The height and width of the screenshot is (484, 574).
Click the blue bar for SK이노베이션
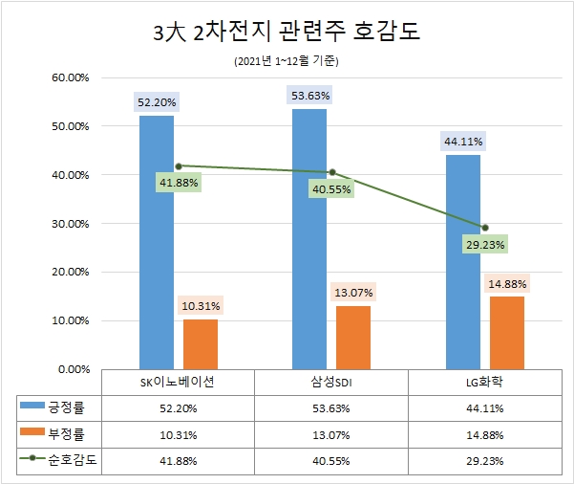coord(157,241)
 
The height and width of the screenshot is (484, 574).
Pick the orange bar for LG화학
coord(506,332)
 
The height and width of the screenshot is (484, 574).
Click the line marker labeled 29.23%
coord(485,228)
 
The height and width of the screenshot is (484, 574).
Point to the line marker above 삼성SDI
coord(331,172)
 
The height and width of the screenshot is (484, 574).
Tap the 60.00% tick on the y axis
coord(68,77)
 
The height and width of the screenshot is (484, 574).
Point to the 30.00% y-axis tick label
coord(68,224)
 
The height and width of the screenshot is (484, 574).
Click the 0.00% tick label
coord(72,368)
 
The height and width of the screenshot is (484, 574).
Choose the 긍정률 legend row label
coord(73,407)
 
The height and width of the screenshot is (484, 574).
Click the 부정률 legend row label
coord(73,432)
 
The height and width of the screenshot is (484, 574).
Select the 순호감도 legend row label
coord(73,458)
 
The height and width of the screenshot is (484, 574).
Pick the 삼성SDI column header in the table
coord(331,382)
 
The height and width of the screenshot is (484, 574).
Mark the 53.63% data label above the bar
coord(309,95)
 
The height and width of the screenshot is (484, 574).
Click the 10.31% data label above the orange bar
coord(200,306)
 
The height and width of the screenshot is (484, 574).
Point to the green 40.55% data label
coord(331,189)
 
